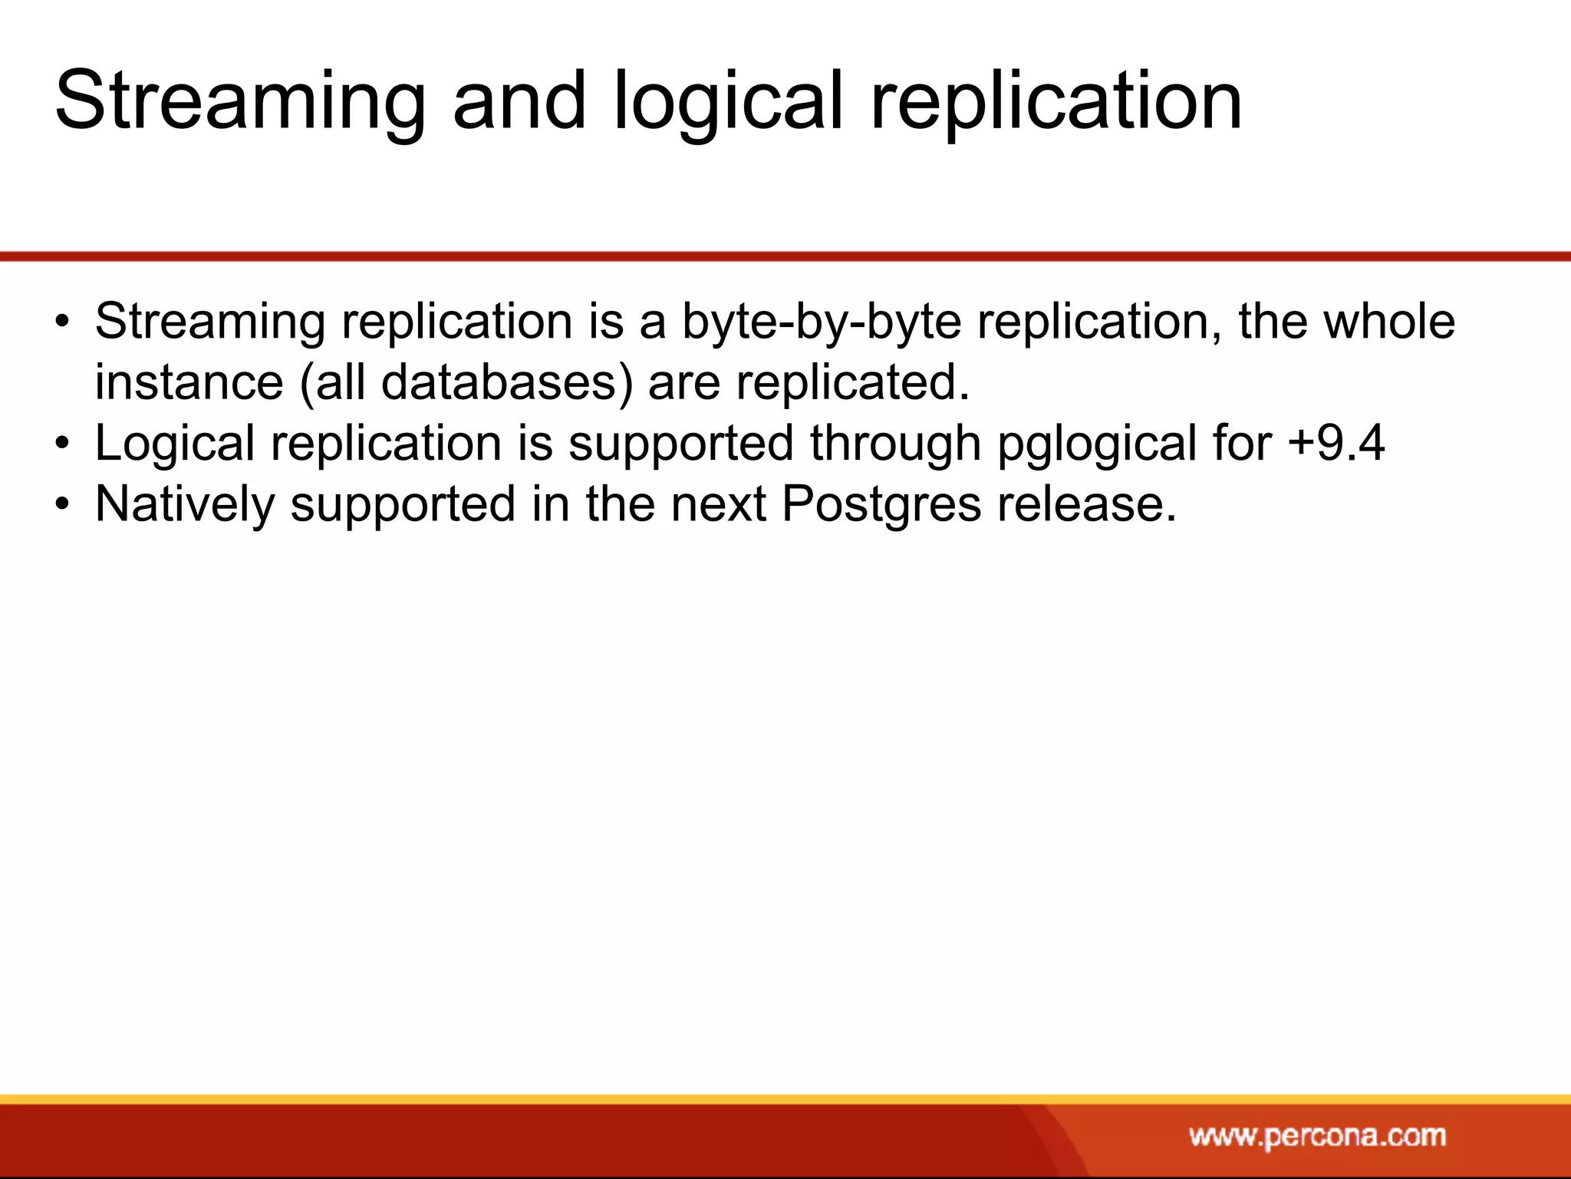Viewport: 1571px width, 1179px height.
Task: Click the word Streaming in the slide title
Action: click(239, 102)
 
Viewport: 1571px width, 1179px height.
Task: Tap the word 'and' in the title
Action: click(519, 101)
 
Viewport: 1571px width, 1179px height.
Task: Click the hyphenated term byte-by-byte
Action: click(821, 322)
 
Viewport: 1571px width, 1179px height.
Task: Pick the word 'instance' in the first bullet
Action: click(189, 381)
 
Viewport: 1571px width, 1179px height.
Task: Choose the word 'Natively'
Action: click(185, 505)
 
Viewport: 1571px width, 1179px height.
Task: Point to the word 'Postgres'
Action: click(881, 505)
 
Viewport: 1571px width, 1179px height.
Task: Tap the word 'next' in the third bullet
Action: click(719, 504)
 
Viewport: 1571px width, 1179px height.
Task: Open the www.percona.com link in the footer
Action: click(1317, 1135)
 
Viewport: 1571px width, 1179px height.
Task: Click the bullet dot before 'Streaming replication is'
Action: click(63, 322)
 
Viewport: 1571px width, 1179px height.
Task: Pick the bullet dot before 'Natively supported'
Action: click(63, 506)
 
